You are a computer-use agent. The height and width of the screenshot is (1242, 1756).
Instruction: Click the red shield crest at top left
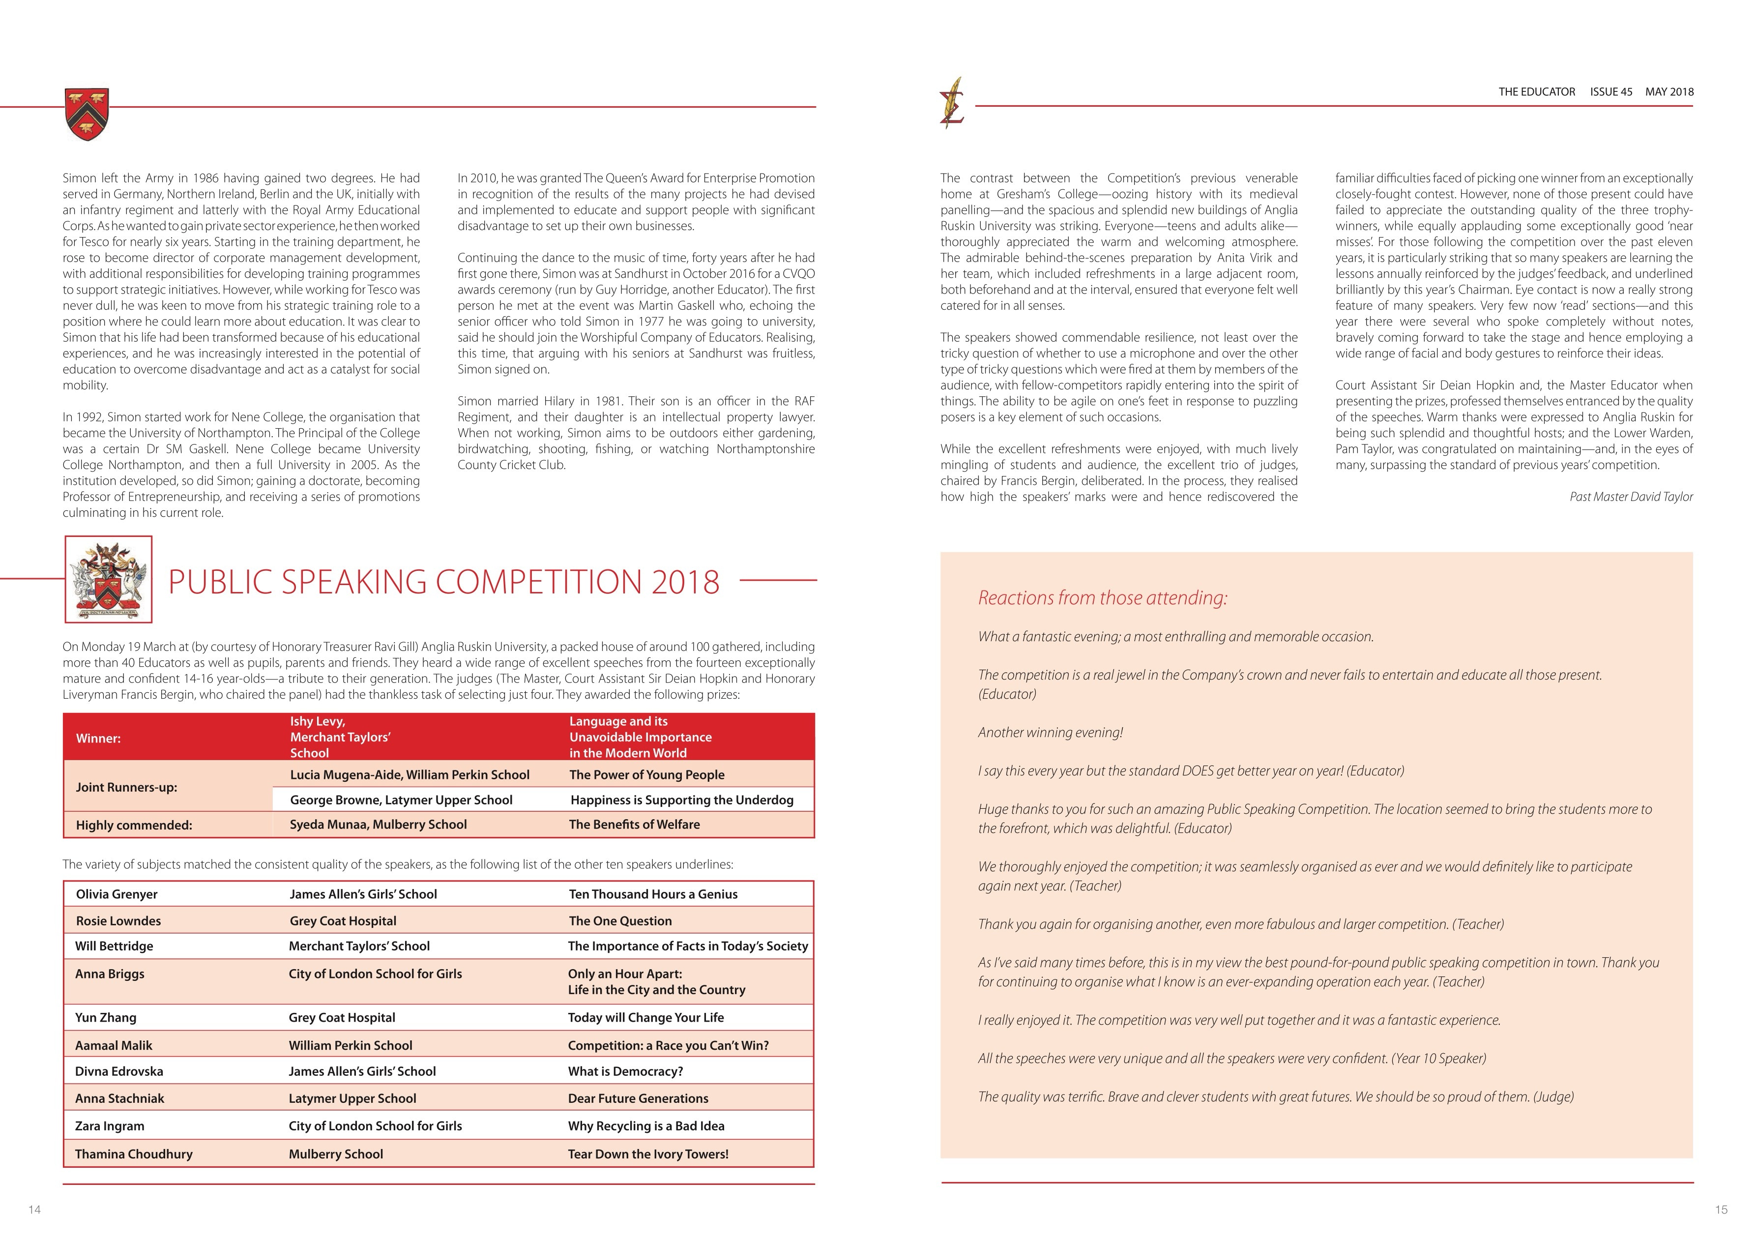(x=87, y=114)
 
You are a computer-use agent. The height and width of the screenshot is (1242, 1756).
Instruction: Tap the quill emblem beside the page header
(x=952, y=102)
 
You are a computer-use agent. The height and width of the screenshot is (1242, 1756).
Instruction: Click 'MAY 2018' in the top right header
(x=1669, y=92)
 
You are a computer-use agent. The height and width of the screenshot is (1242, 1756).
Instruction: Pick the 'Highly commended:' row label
(x=134, y=825)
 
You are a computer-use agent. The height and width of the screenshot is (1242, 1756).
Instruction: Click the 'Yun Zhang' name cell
(x=106, y=1017)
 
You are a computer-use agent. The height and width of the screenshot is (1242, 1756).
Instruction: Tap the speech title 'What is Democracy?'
(x=625, y=1071)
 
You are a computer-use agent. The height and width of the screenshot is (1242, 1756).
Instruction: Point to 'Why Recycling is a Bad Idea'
(x=645, y=1126)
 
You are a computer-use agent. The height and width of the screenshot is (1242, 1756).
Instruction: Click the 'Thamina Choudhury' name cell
(x=134, y=1154)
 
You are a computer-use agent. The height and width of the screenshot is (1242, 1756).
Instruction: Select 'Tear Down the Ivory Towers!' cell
(x=648, y=1154)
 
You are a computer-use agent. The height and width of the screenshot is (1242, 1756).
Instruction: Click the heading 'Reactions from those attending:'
(x=1102, y=598)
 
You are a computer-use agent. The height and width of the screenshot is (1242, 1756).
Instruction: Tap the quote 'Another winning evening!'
(x=1050, y=733)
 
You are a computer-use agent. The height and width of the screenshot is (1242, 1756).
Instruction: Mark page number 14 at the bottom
(x=34, y=1209)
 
